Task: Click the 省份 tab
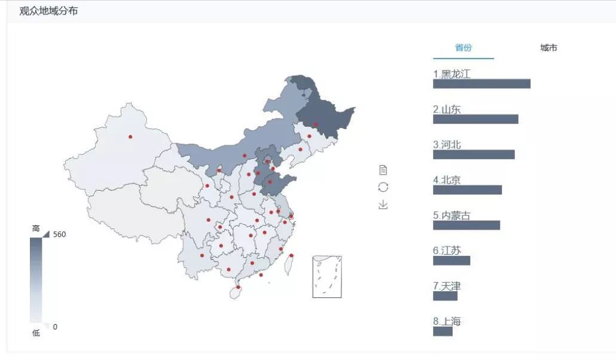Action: point(463,48)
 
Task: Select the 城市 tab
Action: point(548,48)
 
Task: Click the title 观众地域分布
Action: point(48,11)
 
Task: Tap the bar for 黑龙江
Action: point(481,84)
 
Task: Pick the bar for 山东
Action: point(475,119)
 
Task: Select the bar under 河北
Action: point(474,154)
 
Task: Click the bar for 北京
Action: point(467,190)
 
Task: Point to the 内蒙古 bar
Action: point(466,225)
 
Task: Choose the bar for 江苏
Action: point(452,260)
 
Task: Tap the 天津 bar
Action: point(445,295)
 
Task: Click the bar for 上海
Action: point(443,331)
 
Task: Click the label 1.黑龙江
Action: point(452,74)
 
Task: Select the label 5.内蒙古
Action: point(452,215)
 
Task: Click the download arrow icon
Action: point(383,205)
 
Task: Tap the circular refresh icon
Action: point(383,187)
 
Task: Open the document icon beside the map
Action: point(383,170)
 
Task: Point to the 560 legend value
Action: point(59,234)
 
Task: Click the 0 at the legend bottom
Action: point(55,327)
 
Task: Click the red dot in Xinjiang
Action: point(130,137)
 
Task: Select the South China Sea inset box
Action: point(327,276)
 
